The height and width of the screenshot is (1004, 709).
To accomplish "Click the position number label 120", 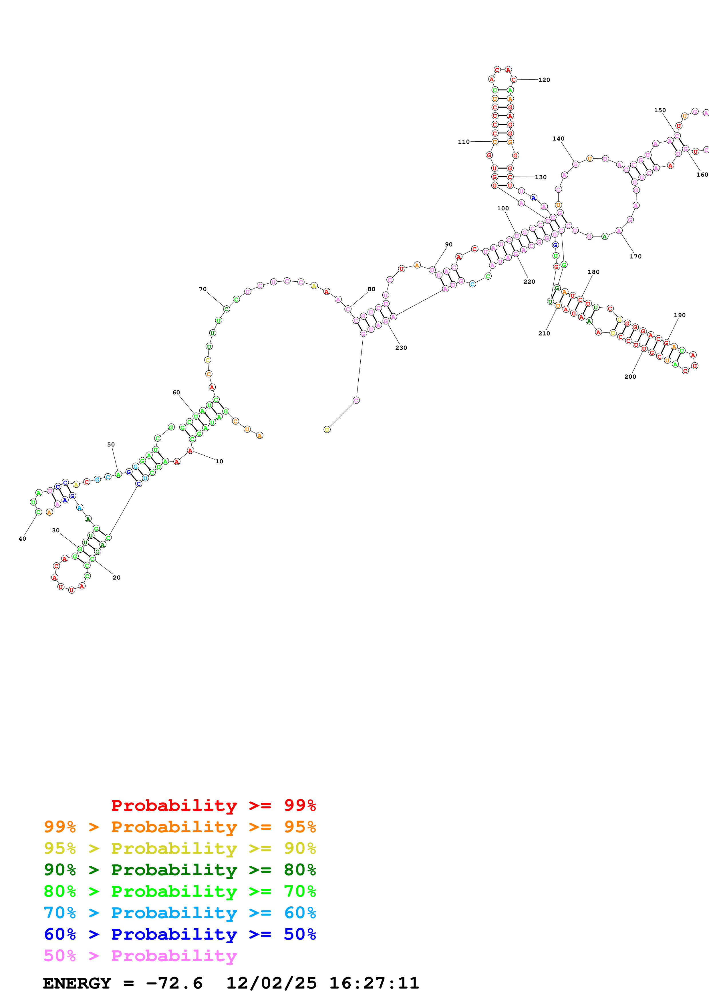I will click(x=544, y=80).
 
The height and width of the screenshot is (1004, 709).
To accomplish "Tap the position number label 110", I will click(x=464, y=142).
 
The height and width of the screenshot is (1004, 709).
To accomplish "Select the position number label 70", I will click(x=203, y=289).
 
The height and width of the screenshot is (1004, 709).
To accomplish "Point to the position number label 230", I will click(x=401, y=348).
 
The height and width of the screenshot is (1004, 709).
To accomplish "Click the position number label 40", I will click(x=22, y=539).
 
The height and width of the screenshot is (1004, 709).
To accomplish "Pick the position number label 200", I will click(x=630, y=377).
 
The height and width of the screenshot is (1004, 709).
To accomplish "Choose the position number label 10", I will click(x=219, y=461).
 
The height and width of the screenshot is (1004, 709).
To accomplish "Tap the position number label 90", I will click(x=449, y=244).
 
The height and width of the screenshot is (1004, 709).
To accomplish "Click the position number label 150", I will click(x=660, y=110).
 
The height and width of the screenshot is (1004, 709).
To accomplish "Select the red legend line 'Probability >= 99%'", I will click(x=213, y=805).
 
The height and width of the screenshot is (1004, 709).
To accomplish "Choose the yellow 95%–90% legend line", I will click(x=180, y=848).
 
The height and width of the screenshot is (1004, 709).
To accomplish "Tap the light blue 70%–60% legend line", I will click(x=180, y=913).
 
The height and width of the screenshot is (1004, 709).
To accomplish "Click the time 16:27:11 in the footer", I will click(x=374, y=983).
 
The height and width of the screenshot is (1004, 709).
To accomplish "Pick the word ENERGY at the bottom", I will click(x=77, y=983).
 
